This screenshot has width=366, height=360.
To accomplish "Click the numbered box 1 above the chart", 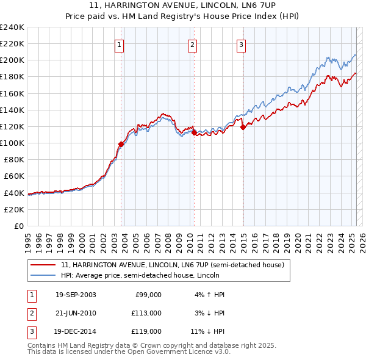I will click(119, 44).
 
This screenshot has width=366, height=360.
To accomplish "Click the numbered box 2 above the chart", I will click(192, 44).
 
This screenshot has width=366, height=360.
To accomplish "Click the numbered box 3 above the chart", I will click(241, 44).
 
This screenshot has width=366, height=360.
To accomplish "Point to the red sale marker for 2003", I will click(121, 144).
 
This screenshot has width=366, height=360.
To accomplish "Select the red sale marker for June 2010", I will click(194, 132).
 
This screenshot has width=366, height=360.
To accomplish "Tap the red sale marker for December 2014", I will click(243, 127).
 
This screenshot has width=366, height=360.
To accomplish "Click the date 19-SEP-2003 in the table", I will click(76, 295).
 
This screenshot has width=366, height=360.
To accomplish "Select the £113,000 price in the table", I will click(147, 313).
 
